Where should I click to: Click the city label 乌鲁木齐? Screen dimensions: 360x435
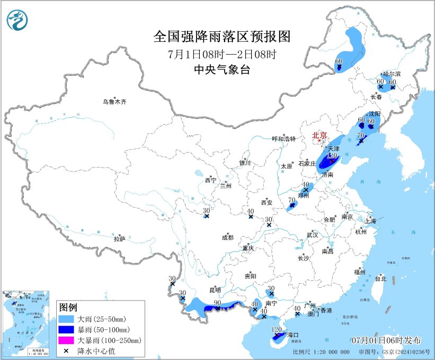tap(115, 101)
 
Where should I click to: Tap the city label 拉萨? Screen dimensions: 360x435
tap(119, 239)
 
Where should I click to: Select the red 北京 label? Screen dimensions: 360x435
tap(319, 135)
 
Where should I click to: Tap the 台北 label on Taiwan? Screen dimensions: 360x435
tap(380, 278)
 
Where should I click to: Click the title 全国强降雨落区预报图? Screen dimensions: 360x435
tap(222, 37)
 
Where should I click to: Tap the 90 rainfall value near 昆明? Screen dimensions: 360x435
tap(217, 303)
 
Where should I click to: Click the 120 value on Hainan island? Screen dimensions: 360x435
tap(276, 330)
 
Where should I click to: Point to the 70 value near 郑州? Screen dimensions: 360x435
tap(291, 200)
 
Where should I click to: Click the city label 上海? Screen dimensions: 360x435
tap(369, 221)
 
